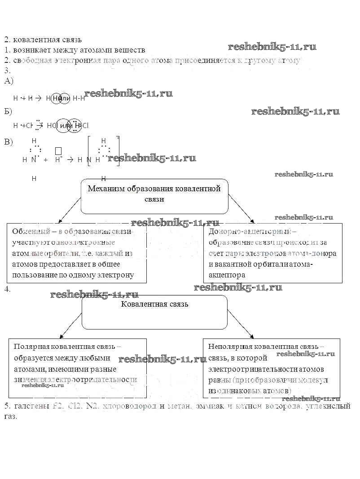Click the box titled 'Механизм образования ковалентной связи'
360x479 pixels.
pyautogui.click(x=154, y=196)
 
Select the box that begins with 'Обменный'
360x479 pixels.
pyautogui.click(x=77, y=253)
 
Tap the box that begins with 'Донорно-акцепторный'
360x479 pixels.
pyautogui.click(x=272, y=253)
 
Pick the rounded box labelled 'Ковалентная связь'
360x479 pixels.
pyautogui.click(x=154, y=312)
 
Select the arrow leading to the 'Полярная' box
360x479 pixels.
pyautogui.click(x=70, y=325)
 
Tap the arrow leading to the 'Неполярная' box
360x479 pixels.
pyautogui.click(x=241, y=325)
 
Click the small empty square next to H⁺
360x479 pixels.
pyautogui.click(x=58, y=150)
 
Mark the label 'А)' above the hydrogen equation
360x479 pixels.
pyautogui.click(x=9, y=81)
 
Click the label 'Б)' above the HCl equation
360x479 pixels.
pyautogui.click(x=9, y=111)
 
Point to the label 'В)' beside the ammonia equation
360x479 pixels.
pyautogui.click(x=9, y=142)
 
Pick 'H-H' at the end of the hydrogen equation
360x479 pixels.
pyautogui.click(x=79, y=98)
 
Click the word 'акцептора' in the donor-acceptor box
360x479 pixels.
pyautogui.click(x=227, y=275)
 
